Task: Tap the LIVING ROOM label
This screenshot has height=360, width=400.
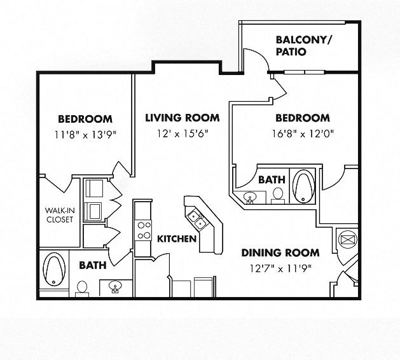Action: [x=183, y=118]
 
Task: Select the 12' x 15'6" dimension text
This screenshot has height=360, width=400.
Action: [x=183, y=133]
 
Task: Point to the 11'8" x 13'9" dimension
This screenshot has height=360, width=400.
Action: [x=85, y=134]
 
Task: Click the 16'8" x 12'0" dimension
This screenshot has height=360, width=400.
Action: [x=303, y=134]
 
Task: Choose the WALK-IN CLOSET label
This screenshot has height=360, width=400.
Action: [x=60, y=215]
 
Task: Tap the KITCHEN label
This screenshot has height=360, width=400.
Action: [x=177, y=239]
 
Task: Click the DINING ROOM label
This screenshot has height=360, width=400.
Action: [x=280, y=253]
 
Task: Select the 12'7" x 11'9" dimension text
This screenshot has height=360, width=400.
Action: [x=280, y=268]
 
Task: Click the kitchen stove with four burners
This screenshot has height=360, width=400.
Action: [x=143, y=230]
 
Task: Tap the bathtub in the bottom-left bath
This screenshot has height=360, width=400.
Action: [x=54, y=269]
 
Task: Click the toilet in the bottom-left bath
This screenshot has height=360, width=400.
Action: [x=82, y=289]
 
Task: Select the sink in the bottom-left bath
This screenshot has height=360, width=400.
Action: [x=115, y=287]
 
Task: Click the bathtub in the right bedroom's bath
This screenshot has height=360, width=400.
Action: [x=303, y=186]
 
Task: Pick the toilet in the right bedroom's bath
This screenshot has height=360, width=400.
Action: [x=277, y=196]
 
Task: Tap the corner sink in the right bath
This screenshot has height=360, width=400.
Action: [x=250, y=198]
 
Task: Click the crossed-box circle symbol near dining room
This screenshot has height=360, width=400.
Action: [x=348, y=240]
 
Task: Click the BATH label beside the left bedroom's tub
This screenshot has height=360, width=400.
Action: [x=93, y=265]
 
